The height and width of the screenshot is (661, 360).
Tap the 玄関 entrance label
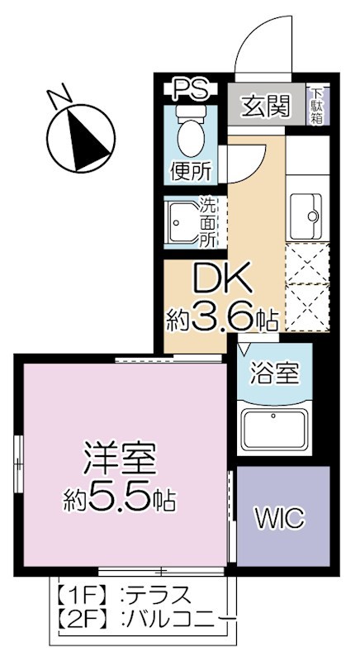pyautogui.click(x=264, y=106)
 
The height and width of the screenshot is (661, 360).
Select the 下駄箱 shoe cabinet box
pyautogui.click(x=318, y=107)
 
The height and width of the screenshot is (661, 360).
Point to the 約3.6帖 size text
pyautogui.click(x=220, y=316)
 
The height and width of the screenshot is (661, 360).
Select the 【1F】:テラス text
pyautogui.click(x=124, y=595)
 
